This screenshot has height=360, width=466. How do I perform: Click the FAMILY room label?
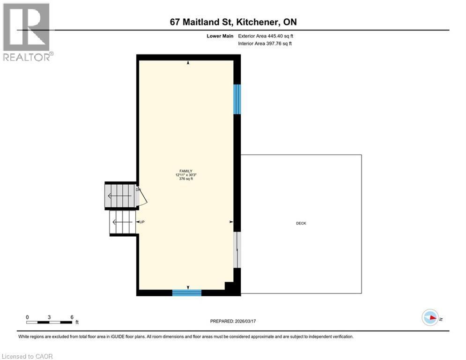click(x=185, y=171)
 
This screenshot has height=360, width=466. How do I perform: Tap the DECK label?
click(x=301, y=224)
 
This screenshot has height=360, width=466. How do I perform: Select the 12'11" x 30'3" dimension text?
click(x=186, y=175)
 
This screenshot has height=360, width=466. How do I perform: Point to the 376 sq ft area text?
click(x=186, y=179)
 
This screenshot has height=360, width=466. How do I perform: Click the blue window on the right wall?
click(x=237, y=99)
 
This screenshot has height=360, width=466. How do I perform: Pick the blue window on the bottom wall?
click(x=186, y=293)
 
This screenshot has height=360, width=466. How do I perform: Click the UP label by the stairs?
click(x=141, y=222)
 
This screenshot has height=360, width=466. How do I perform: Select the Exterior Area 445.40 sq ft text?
click(x=266, y=36)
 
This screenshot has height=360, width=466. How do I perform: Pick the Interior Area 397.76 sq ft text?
click(x=265, y=44)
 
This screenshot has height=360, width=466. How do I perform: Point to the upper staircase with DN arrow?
click(x=120, y=195)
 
